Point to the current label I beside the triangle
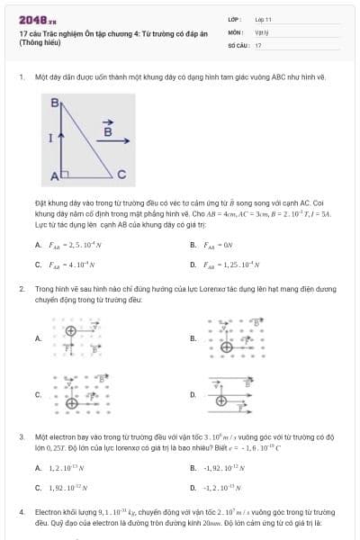point(50,138)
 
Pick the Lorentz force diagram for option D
point(239,393)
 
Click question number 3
point(21,436)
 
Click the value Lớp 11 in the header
point(264,18)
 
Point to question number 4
point(21,511)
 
